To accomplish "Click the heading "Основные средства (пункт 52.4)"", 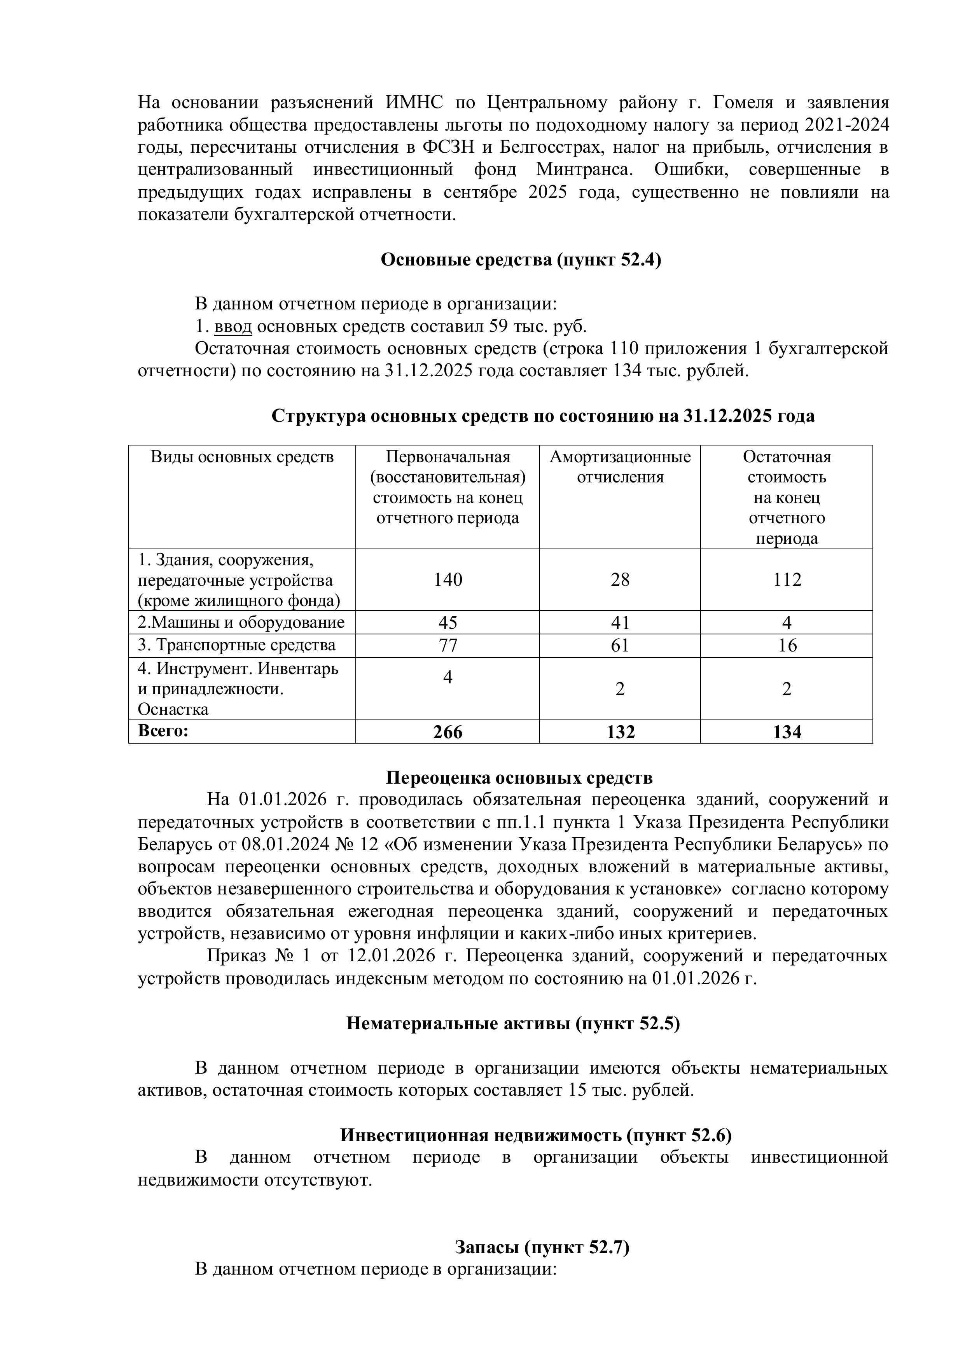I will coord(521,260).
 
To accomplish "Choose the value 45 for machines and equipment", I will coord(448,623).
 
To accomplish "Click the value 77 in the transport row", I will coord(448,645).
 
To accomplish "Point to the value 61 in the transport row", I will coord(620,645).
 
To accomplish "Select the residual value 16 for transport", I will coord(787,645).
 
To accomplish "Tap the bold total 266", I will coord(448,732).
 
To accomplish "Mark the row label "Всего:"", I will coord(163,731).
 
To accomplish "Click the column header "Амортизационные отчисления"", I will coord(620,467).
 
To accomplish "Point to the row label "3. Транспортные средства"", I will coord(236,645).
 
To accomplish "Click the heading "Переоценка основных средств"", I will coord(519,778).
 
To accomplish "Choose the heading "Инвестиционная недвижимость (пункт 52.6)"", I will coord(535,1135).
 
